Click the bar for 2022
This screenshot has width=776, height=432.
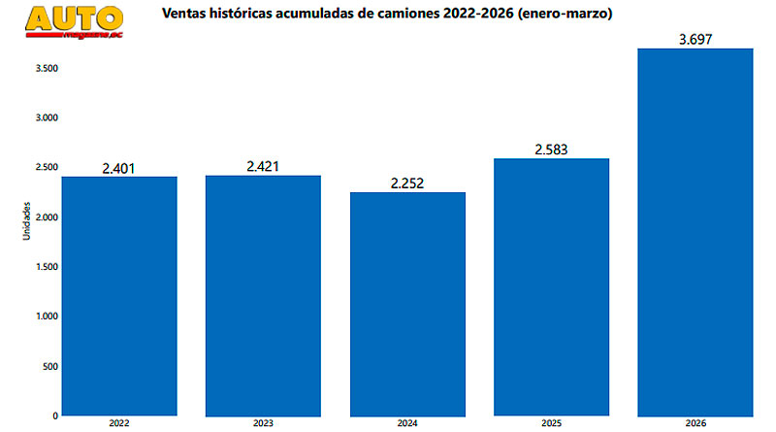[119, 295]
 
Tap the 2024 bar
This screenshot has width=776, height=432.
[407, 303]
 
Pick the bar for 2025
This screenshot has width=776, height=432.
[552, 286]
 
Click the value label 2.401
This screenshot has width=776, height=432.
[118, 168]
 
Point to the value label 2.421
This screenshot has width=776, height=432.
[263, 167]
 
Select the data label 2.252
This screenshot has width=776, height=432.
[407, 183]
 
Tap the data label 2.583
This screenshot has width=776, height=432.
[551, 150]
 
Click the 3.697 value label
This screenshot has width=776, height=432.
[695, 39]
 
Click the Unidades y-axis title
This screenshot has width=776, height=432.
[27, 223]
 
